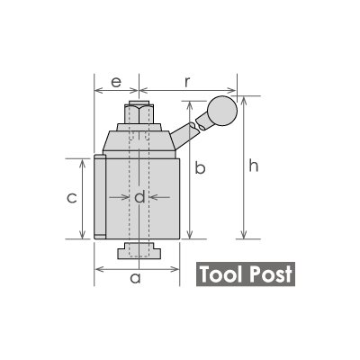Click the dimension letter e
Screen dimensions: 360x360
coord(116,82)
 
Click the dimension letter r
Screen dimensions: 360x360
coord(186,82)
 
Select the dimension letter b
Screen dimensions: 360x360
coord(200,167)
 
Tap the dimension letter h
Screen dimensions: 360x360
coord(254,166)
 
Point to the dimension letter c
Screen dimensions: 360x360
coord(72,198)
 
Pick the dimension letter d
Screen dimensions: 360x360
coord(139,196)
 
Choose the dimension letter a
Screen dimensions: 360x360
coord(135,278)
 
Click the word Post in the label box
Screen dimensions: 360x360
coord(271,274)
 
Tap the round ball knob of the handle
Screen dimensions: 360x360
coord(222,111)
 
